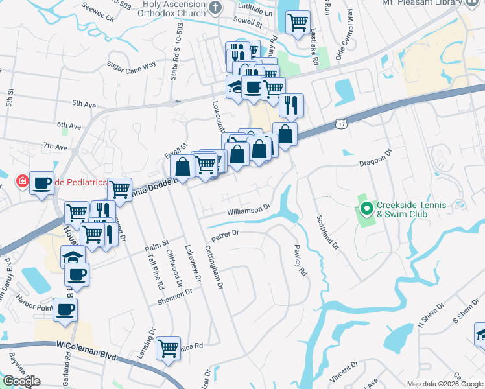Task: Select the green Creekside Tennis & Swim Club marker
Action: (x=366, y=209)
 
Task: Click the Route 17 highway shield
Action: (x=342, y=123)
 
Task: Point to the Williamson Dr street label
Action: (x=248, y=211)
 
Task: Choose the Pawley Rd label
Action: (x=299, y=260)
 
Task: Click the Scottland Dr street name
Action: (x=327, y=232)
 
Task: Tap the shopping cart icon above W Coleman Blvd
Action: (x=169, y=348)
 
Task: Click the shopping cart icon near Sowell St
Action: (x=298, y=22)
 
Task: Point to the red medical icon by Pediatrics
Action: (x=22, y=182)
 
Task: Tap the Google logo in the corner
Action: (x=21, y=381)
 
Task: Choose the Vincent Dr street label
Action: (x=343, y=374)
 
